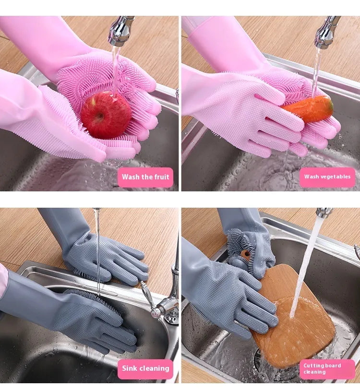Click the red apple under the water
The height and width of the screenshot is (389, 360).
(105, 115)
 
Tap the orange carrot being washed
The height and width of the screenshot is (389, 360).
(309, 108)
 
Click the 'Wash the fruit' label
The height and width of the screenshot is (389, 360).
(145, 177)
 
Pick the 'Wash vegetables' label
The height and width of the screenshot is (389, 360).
(327, 177)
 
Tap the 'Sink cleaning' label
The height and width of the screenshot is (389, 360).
(145, 368)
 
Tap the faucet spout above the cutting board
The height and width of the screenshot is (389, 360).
(324, 212)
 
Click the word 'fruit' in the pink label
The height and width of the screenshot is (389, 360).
(159, 177)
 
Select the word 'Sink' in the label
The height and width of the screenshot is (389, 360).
(130, 368)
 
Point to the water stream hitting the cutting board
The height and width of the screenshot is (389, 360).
(302, 273)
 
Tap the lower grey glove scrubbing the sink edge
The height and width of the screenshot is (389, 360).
(96, 321)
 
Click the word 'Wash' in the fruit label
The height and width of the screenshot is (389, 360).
(131, 177)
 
